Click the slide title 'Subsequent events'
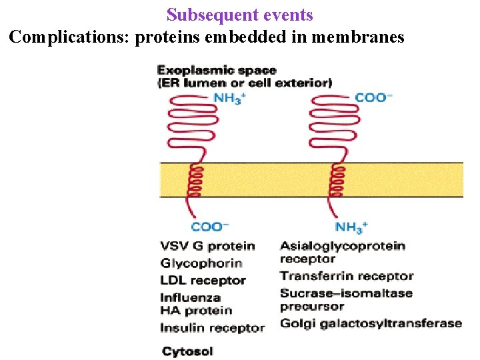239,15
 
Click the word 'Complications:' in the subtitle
70,37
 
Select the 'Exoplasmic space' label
216,70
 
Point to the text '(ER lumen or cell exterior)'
244,83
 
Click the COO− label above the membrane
373,98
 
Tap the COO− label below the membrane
210,227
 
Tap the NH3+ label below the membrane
351,227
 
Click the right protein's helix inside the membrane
337,181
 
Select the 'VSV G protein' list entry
207,246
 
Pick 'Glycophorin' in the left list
201,263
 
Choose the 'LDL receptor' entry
203,281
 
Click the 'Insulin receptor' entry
212,328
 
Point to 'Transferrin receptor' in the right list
347,276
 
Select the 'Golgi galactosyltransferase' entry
371,323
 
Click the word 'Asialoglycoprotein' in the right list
342,246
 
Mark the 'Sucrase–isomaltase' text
346,293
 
